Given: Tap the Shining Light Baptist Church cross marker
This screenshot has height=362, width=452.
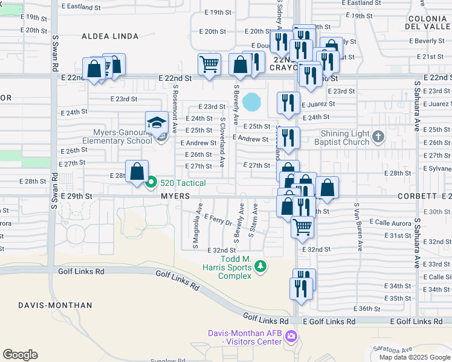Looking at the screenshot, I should coord(378,137).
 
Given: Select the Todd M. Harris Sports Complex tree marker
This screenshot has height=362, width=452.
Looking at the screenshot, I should coord(260,265).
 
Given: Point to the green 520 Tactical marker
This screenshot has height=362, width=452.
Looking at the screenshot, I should coord(151,182).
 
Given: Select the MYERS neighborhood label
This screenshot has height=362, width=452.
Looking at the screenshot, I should coord(176,197).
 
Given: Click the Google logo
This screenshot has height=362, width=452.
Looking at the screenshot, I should coord(21,354).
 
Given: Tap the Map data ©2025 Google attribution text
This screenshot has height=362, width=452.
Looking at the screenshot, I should coord(415,357).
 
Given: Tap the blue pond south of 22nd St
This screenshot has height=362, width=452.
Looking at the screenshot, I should coord(251,101).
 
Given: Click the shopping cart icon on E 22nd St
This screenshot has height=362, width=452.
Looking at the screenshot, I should coord(209,65).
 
